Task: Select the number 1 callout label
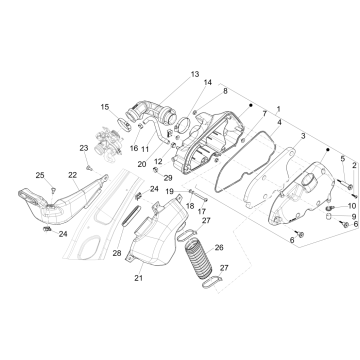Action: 279,107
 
